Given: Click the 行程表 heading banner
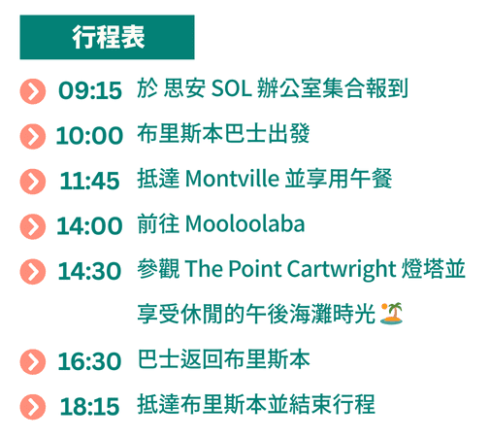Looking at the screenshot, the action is pos(107,37).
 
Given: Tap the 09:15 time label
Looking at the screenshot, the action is pos(90,90).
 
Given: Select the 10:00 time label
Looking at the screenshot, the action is pos(89,136).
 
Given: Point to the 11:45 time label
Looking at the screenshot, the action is pos(89,181).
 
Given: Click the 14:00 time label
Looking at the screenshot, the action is pos(89,226).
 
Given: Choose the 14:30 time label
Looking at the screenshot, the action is pos(89,271).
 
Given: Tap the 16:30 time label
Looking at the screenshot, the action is pos(89,361).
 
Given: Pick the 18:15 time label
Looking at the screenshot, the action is pos(89,407).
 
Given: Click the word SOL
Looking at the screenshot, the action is pos(231,88).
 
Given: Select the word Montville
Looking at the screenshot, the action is pos(232,179).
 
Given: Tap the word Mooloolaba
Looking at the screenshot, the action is pos(245,223).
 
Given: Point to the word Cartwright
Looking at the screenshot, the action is pos(342,270).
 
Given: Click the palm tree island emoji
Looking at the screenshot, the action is pos(392,314).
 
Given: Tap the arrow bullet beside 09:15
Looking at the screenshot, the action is pos(33,91).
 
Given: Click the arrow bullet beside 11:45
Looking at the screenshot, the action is pos(33,182).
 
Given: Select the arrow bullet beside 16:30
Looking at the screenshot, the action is pos(33,362).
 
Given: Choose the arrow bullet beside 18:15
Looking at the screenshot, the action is pos(33,407).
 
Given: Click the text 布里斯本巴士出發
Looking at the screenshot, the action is pos(223,133).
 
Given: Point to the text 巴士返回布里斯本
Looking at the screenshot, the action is pos(223,359).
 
